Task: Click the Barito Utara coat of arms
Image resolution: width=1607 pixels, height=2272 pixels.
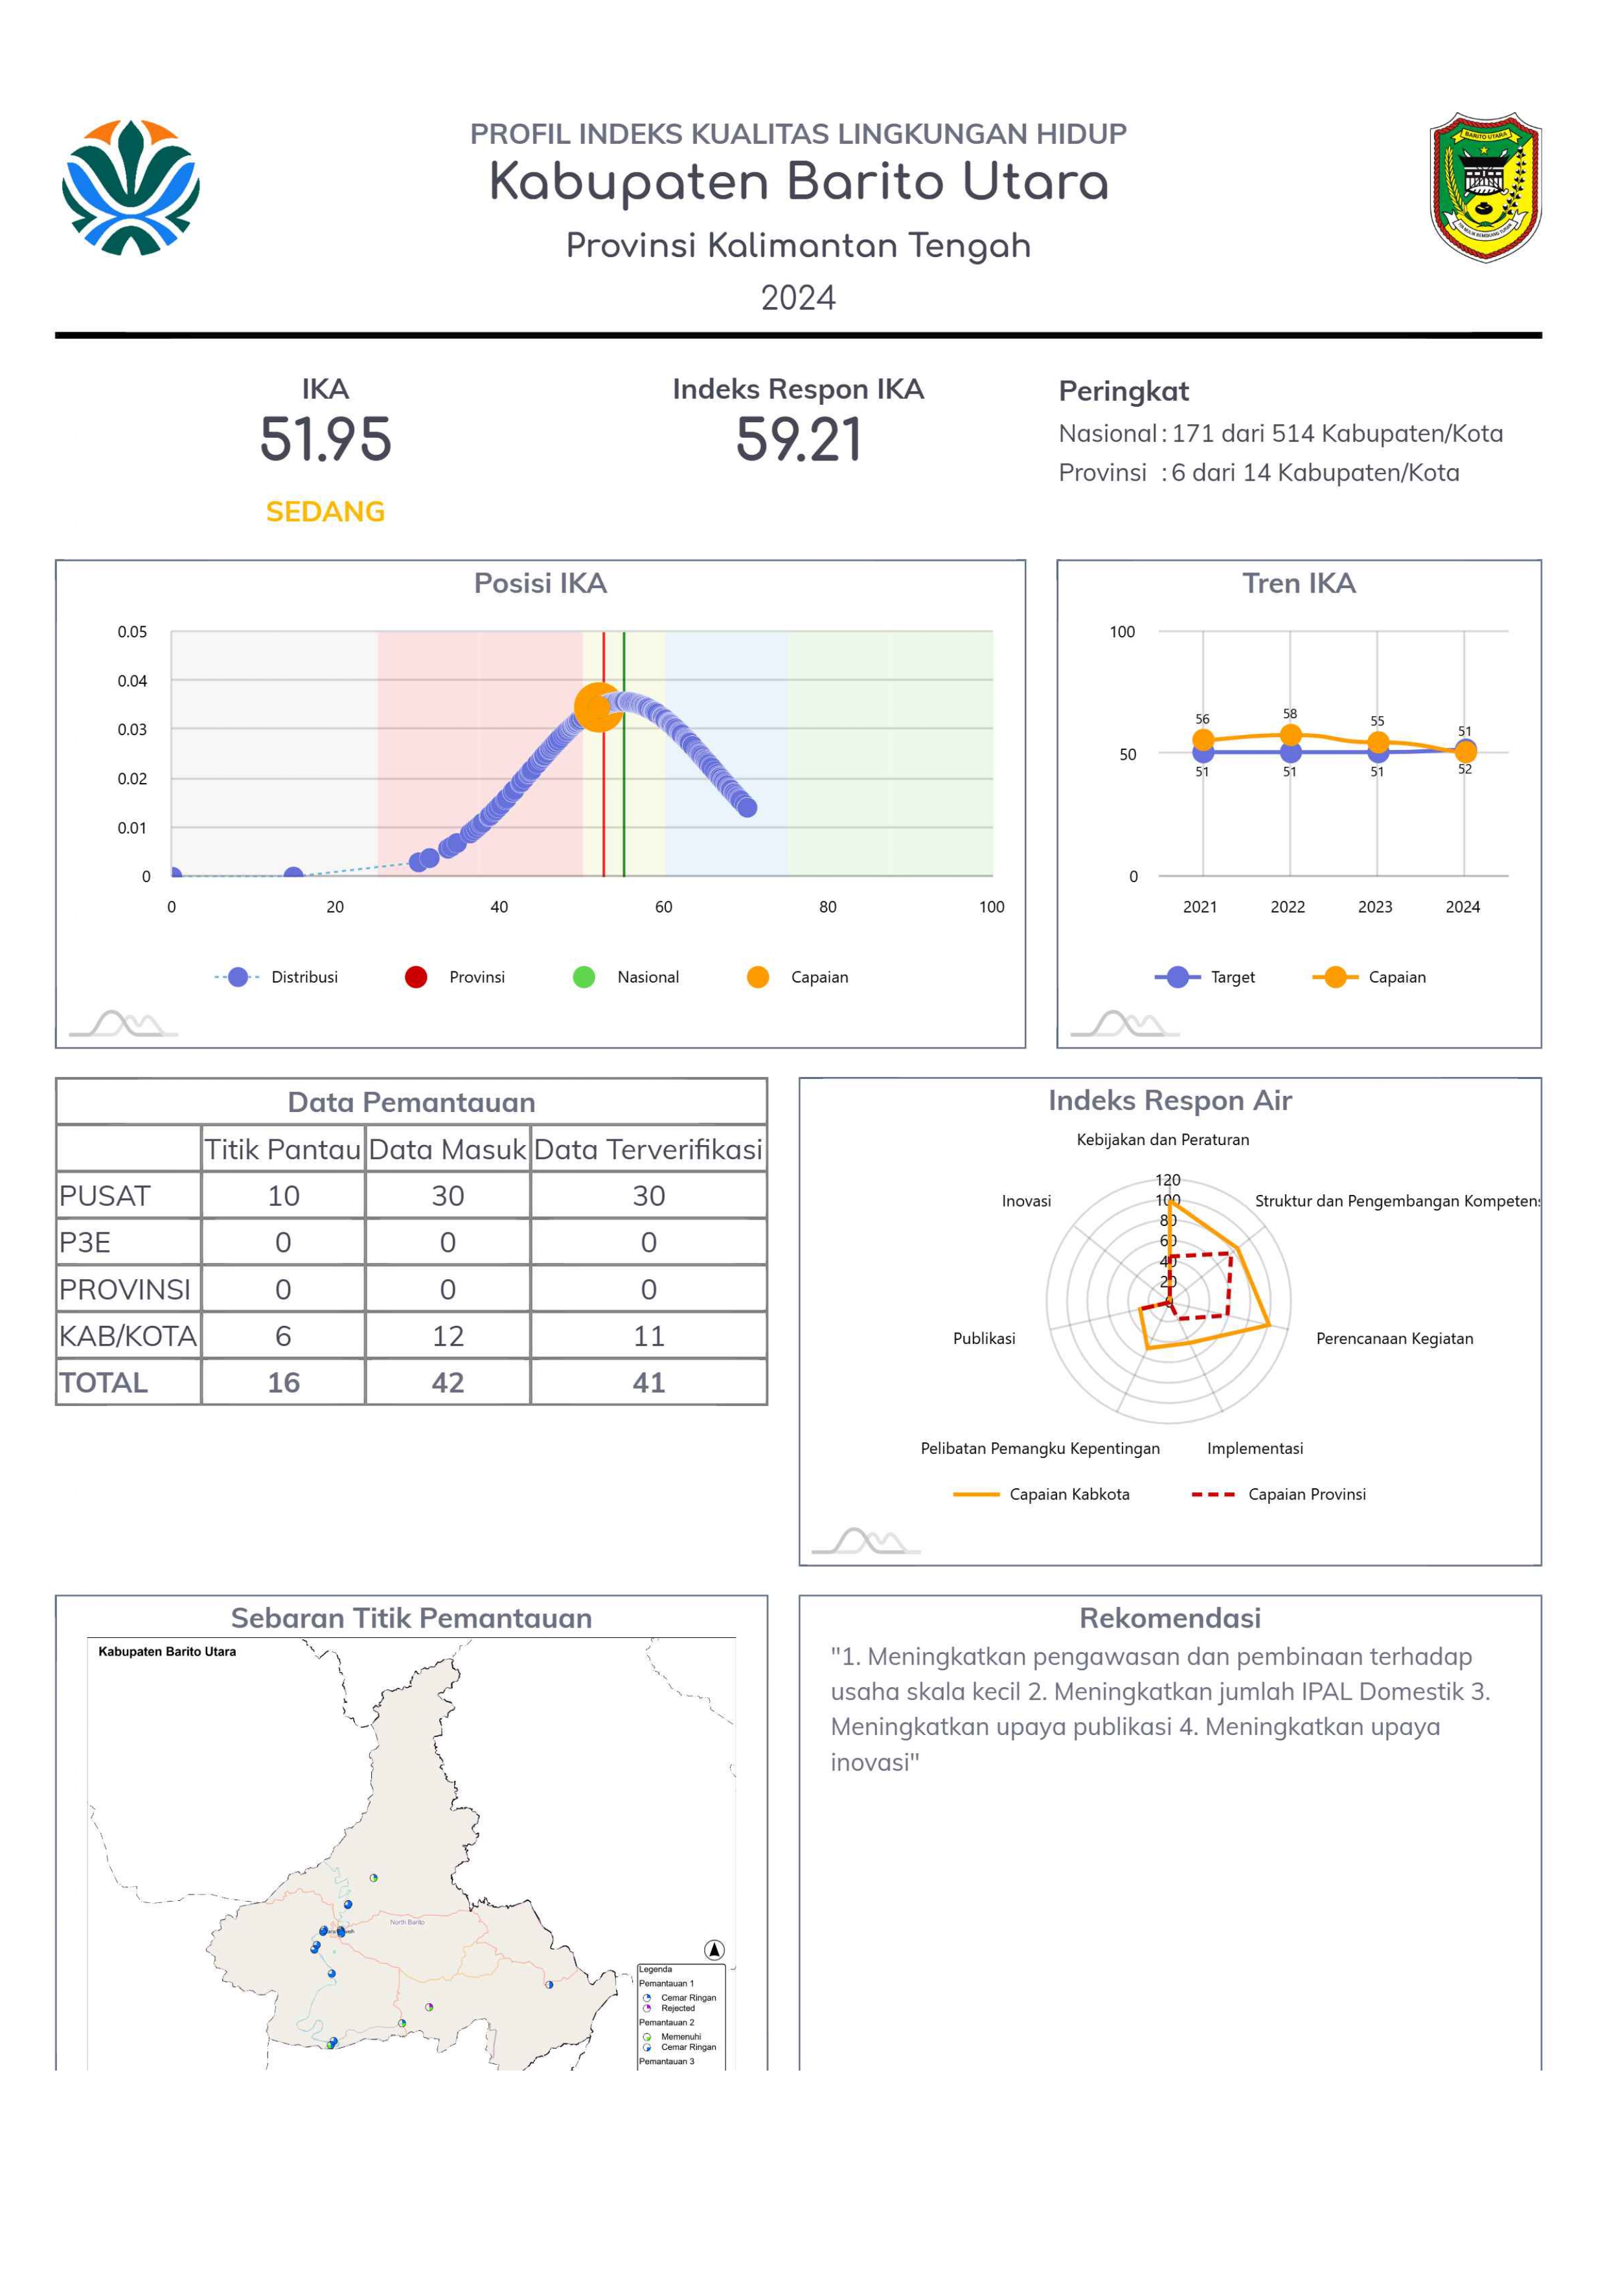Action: (x=1485, y=187)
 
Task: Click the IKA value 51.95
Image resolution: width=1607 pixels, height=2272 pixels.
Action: (x=326, y=439)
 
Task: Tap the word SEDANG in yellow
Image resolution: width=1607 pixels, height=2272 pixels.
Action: (x=326, y=512)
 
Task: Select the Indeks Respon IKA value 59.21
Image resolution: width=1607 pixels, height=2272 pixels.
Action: (x=799, y=439)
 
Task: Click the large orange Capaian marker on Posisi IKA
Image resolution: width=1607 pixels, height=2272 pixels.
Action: (x=598, y=707)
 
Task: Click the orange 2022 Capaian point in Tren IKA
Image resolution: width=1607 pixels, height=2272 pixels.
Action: (x=1290, y=734)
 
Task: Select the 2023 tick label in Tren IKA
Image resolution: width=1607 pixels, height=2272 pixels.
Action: (x=1376, y=907)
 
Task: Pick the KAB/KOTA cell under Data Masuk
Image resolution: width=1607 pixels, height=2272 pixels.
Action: (x=448, y=1336)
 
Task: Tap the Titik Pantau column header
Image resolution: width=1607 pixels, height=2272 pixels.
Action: (x=283, y=1149)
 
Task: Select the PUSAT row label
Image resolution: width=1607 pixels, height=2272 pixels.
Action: (x=105, y=1196)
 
